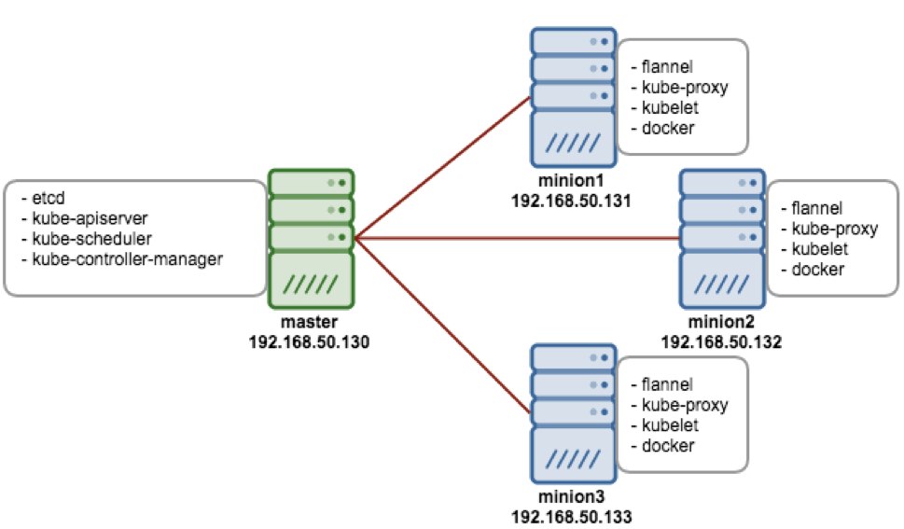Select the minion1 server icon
click(572, 97)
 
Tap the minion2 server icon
click(721, 238)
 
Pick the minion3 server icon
click(572, 413)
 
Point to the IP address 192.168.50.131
click(572, 201)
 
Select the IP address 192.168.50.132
click(721, 342)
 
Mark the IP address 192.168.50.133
click(572, 516)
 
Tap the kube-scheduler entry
click(81, 239)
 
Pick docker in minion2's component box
click(817, 270)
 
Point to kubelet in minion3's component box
click(669, 425)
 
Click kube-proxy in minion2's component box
click(834, 229)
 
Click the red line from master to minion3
click(444, 326)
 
